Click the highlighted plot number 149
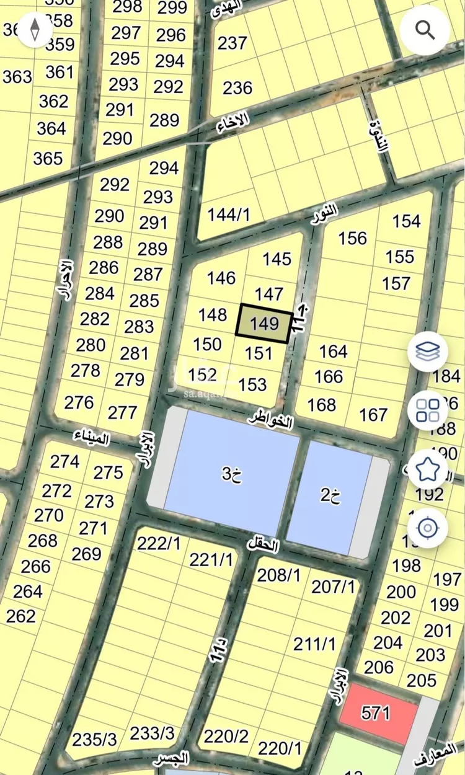coord(265,323)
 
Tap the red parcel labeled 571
coord(376,713)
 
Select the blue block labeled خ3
coord(231,476)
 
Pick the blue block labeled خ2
coord(331,496)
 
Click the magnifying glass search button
coord(425,29)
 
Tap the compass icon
coord(35,29)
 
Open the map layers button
coord(428,352)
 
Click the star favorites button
coord(428,469)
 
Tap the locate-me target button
coord(428,528)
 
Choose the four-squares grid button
coord(428,410)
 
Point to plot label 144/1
coord(228,215)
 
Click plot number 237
coord(232,43)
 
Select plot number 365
coord(48,158)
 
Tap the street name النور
coord(325,214)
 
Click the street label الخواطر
coord(270,419)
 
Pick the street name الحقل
coord(263,545)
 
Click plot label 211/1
coord(314,644)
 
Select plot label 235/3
coord(94,740)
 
